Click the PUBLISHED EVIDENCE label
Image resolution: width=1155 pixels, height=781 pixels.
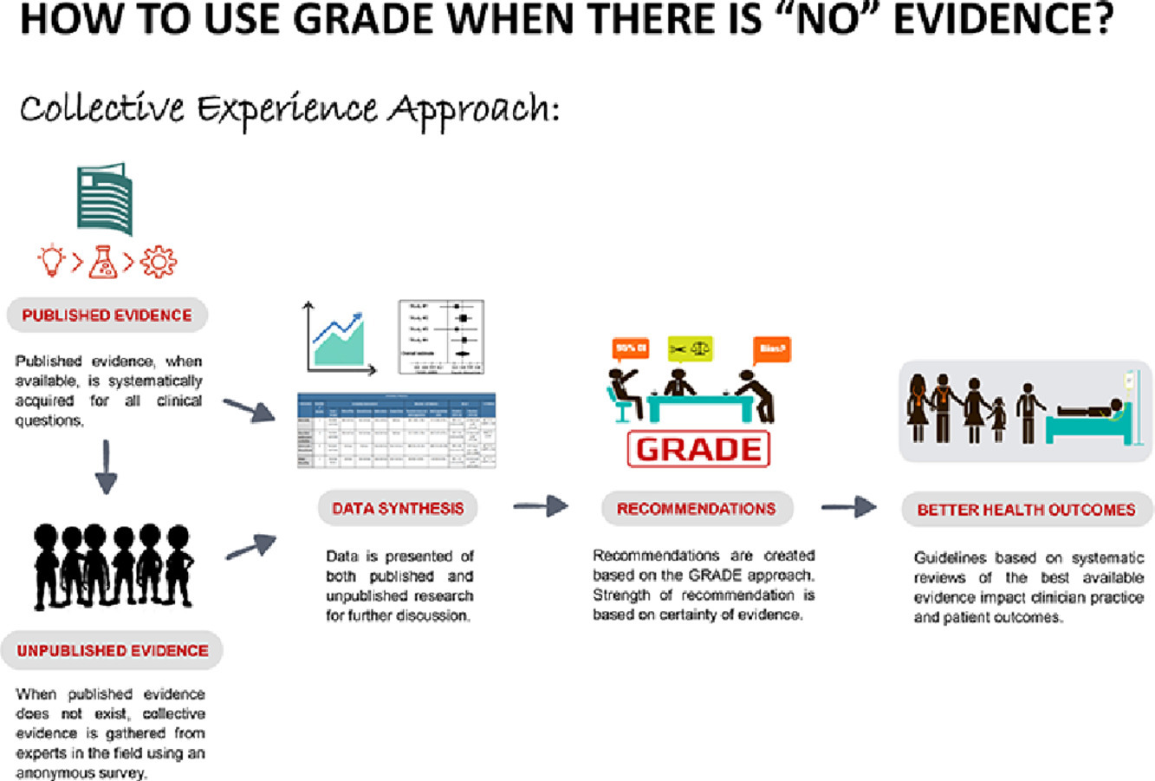[107, 316]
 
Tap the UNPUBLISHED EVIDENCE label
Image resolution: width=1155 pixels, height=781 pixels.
[113, 650]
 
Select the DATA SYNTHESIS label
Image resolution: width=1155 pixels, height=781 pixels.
[398, 509]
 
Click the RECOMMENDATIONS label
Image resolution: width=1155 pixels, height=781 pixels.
[697, 509]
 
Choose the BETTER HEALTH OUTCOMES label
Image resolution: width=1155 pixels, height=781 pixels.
[1026, 510]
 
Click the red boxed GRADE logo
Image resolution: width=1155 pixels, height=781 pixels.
[699, 450]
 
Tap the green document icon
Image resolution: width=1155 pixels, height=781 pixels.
[104, 199]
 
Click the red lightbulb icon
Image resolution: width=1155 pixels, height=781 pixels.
[53, 261]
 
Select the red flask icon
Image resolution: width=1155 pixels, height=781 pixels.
[103, 261]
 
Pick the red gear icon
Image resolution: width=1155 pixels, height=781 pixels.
[158, 261]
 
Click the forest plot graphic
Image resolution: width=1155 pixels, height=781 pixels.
[440, 337]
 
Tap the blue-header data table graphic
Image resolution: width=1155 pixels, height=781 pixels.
[396, 431]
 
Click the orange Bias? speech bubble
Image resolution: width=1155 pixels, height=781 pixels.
[771, 349]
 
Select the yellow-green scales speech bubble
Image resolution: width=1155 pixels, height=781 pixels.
[690, 348]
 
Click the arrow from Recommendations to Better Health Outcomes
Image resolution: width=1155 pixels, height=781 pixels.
[848, 507]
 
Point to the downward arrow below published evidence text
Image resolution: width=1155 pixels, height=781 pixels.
[106, 467]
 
